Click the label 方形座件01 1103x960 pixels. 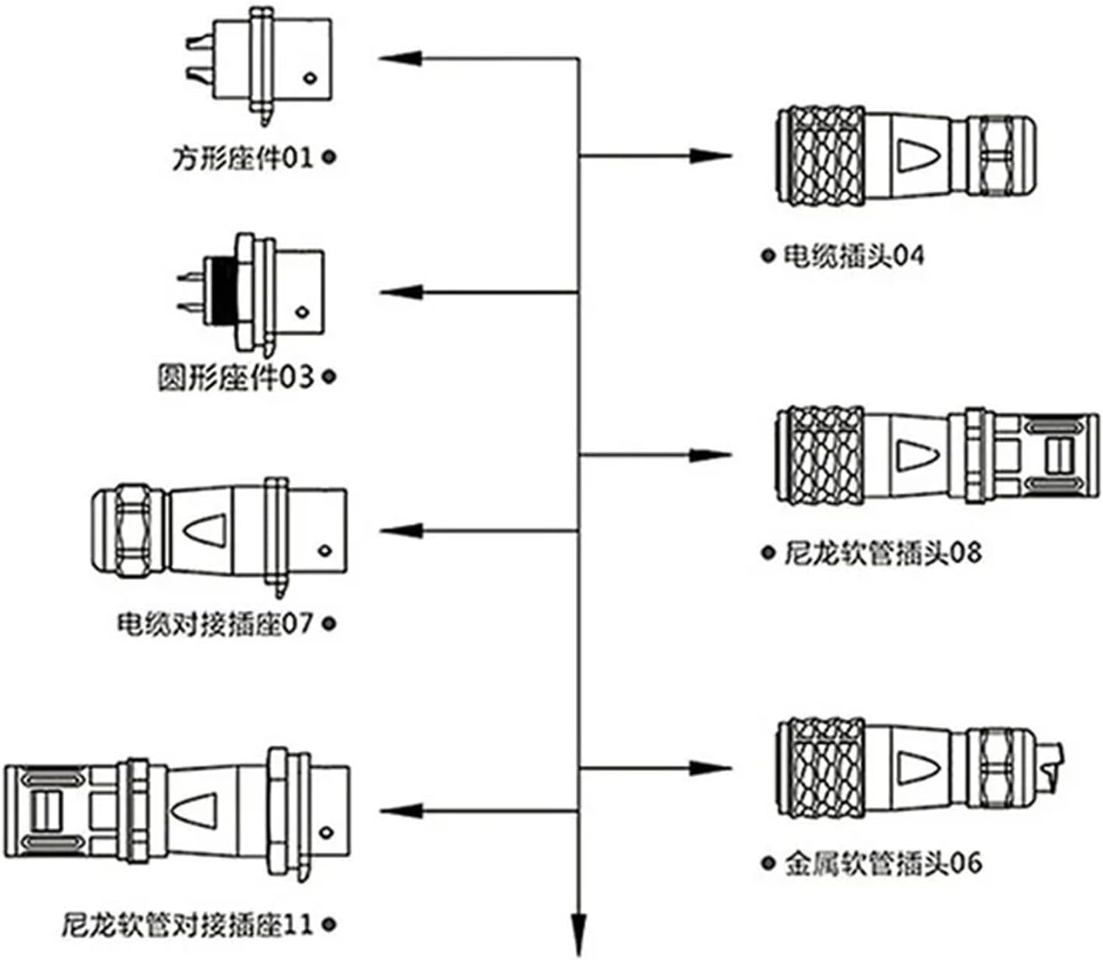[241, 159]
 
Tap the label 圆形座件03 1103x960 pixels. [236, 379]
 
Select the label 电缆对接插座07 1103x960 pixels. [215, 623]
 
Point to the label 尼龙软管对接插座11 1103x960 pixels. [187, 924]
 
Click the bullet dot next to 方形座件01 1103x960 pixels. [329, 157]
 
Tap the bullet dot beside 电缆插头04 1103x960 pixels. [768, 255]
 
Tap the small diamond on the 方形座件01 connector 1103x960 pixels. [310, 77]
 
